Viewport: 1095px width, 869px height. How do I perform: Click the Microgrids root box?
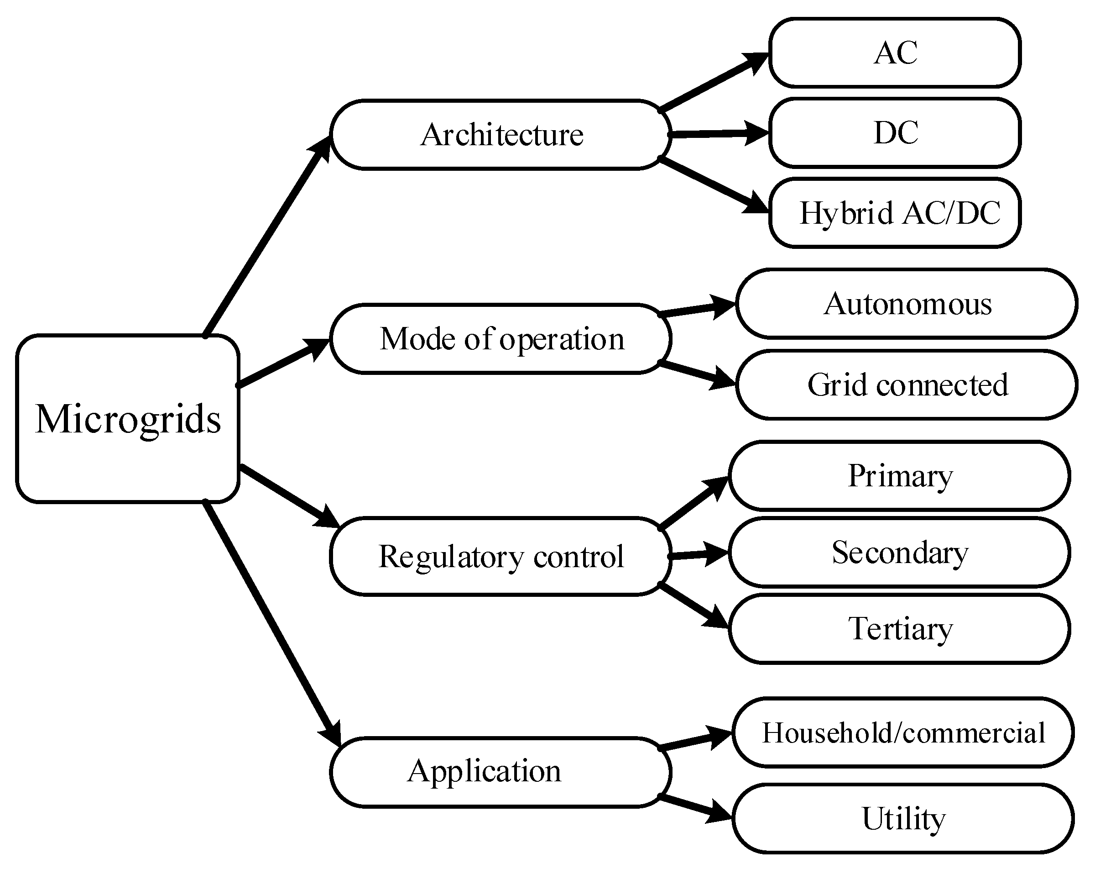tap(127, 418)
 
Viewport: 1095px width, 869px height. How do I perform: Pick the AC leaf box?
tap(895, 53)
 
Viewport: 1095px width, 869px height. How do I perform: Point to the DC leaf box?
tap(895, 132)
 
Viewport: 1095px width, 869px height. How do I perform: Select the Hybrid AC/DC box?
tap(895, 212)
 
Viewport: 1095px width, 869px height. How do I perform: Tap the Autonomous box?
tap(907, 304)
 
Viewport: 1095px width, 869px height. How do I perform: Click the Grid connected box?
tap(907, 384)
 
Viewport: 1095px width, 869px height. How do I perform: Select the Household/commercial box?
tap(903, 732)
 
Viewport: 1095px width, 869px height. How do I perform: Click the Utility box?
tap(903, 819)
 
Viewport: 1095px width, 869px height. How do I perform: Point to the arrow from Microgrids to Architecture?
tap(266, 236)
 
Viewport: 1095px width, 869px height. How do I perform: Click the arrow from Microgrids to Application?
tap(272, 622)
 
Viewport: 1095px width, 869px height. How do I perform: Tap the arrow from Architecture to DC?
tap(716, 134)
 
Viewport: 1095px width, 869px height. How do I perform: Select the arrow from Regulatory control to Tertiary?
tap(693, 606)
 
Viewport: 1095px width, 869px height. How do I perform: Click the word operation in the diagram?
tap(562, 339)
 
